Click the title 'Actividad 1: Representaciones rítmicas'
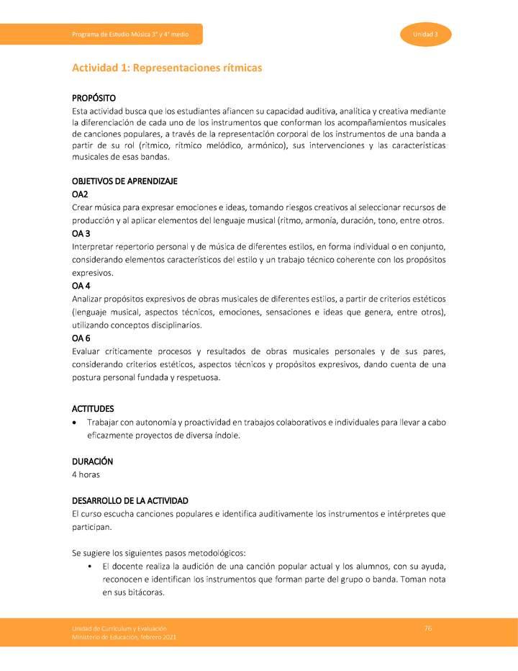167,68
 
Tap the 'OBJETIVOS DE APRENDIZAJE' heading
124,181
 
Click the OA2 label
80,194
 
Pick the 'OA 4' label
81,286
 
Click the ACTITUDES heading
93,408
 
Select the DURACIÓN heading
92,461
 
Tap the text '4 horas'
86,474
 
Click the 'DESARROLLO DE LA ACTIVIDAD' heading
129,500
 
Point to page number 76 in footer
428,629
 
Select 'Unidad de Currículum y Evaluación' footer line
118,629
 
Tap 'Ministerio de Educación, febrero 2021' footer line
124,638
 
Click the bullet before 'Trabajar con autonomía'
76,423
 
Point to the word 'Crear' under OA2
83,207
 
